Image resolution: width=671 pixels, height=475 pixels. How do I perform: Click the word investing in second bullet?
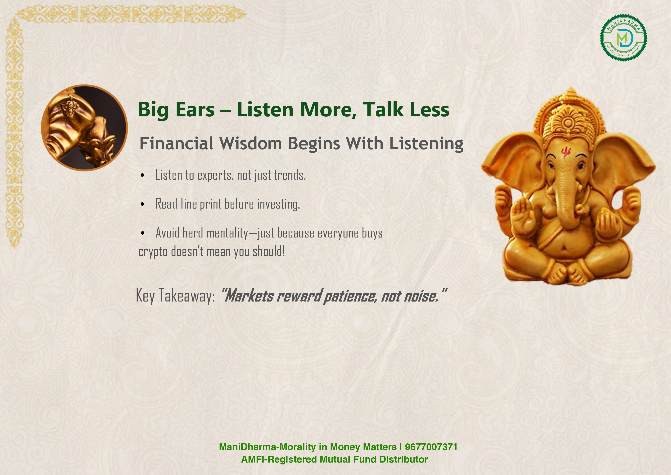click(x=278, y=204)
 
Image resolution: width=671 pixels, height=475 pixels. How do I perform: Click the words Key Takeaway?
click(x=175, y=296)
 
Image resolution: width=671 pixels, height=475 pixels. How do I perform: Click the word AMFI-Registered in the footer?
click(x=279, y=459)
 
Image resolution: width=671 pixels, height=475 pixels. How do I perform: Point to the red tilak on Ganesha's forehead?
click(x=566, y=151)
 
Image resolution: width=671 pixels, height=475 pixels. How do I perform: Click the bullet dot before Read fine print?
click(x=142, y=204)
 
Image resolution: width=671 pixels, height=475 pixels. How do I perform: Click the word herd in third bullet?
click(x=193, y=233)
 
